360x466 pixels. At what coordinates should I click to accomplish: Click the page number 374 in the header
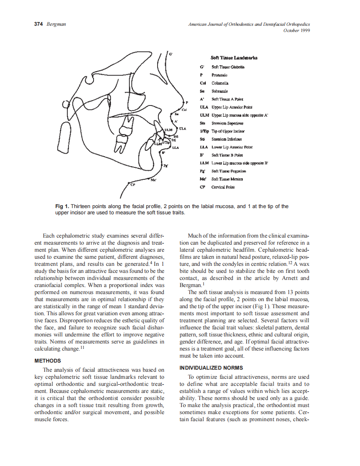39,25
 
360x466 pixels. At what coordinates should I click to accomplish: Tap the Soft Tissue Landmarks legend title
234,58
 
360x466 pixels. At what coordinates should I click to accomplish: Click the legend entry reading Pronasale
219,75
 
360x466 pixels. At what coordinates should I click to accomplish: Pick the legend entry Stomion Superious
227,123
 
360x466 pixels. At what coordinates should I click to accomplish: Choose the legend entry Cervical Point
223,187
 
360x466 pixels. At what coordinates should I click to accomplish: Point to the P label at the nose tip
187,102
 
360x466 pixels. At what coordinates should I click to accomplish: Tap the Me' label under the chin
153,180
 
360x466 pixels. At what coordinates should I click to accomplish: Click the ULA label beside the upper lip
182,129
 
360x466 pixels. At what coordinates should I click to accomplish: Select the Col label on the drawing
184,110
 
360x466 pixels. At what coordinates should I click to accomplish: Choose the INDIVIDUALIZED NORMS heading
211,368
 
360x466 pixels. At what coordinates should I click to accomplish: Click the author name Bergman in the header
56,25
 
